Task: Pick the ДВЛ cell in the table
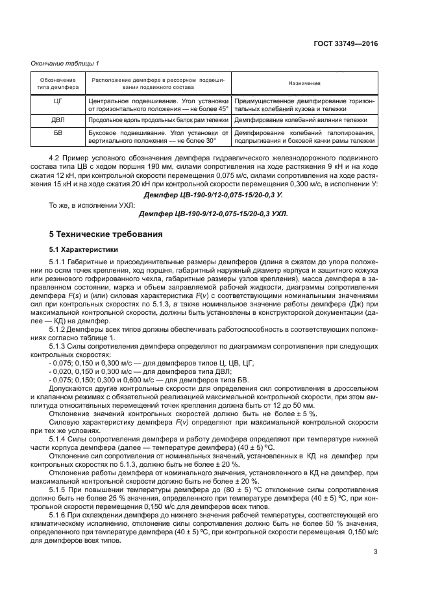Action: [x=58, y=121]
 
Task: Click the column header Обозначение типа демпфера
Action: [x=58, y=84]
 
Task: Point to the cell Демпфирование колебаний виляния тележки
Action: [x=304, y=121]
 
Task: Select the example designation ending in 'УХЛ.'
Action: [x=213, y=214]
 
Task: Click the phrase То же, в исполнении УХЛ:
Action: [x=88, y=204]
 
